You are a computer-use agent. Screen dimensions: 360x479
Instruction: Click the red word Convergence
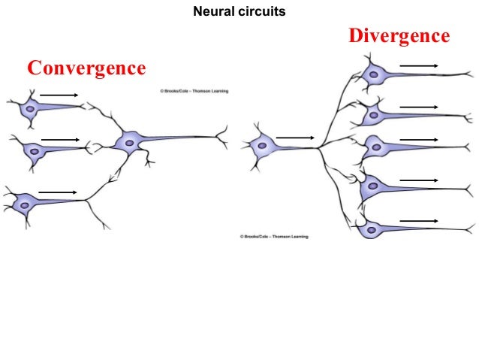pyautogui.click(x=86, y=68)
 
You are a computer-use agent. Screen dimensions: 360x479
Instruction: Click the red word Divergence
pyautogui.click(x=399, y=35)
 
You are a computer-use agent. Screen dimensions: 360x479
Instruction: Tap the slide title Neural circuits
pyautogui.click(x=239, y=12)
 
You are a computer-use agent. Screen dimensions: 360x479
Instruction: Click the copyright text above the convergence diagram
pyautogui.click(x=194, y=91)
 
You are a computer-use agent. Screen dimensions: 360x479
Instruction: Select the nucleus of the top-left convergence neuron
pyautogui.click(x=30, y=109)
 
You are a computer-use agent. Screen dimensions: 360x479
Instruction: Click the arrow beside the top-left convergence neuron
pyautogui.click(x=59, y=95)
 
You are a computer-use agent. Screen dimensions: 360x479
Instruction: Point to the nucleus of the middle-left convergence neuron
pyautogui.click(x=32, y=150)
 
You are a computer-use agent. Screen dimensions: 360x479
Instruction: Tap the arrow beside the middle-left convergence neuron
pyautogui.click(x=60, y=140)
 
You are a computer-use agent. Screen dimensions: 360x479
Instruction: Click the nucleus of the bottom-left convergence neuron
pyautogui.click(x=26, y=204)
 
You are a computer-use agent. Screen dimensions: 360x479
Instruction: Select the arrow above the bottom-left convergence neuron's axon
pyautogui.click(x=57, y=192)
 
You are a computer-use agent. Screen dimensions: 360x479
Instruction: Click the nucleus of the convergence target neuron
pyautogui.click(x=130, y=141)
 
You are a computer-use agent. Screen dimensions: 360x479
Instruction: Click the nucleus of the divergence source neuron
pyautogui.click(x=262, y=147)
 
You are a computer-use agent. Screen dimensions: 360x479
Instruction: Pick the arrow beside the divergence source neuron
pyautogui.click(x=295, y=138)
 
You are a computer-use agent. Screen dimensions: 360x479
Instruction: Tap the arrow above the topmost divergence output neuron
pyautogui.click(x=419, y=66)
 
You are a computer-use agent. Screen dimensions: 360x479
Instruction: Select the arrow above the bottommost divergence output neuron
pyautogui.click(x=419, y=220)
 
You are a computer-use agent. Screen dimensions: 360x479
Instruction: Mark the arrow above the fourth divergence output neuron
pyautogui.click(x=419, y=180)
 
